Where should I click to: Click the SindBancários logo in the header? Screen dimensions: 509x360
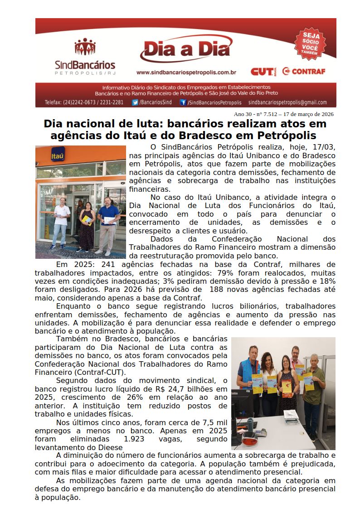85,57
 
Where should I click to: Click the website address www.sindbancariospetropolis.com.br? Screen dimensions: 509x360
186,72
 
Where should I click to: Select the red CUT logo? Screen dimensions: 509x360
263,72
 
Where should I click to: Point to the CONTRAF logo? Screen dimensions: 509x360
303,71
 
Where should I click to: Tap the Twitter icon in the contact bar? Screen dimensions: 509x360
135,102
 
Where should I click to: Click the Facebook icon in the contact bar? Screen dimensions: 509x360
183,102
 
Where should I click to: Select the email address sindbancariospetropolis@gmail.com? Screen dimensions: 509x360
287,102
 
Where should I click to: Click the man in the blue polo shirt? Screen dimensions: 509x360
108,224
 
